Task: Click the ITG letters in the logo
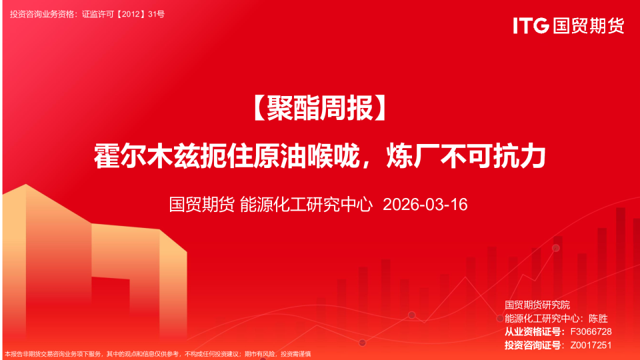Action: pos(531,25)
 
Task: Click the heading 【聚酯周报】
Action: pos(320,109)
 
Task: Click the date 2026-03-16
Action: pos(425,204)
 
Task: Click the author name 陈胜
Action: pos(599,318)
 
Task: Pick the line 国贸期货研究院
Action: pos(537,305)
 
